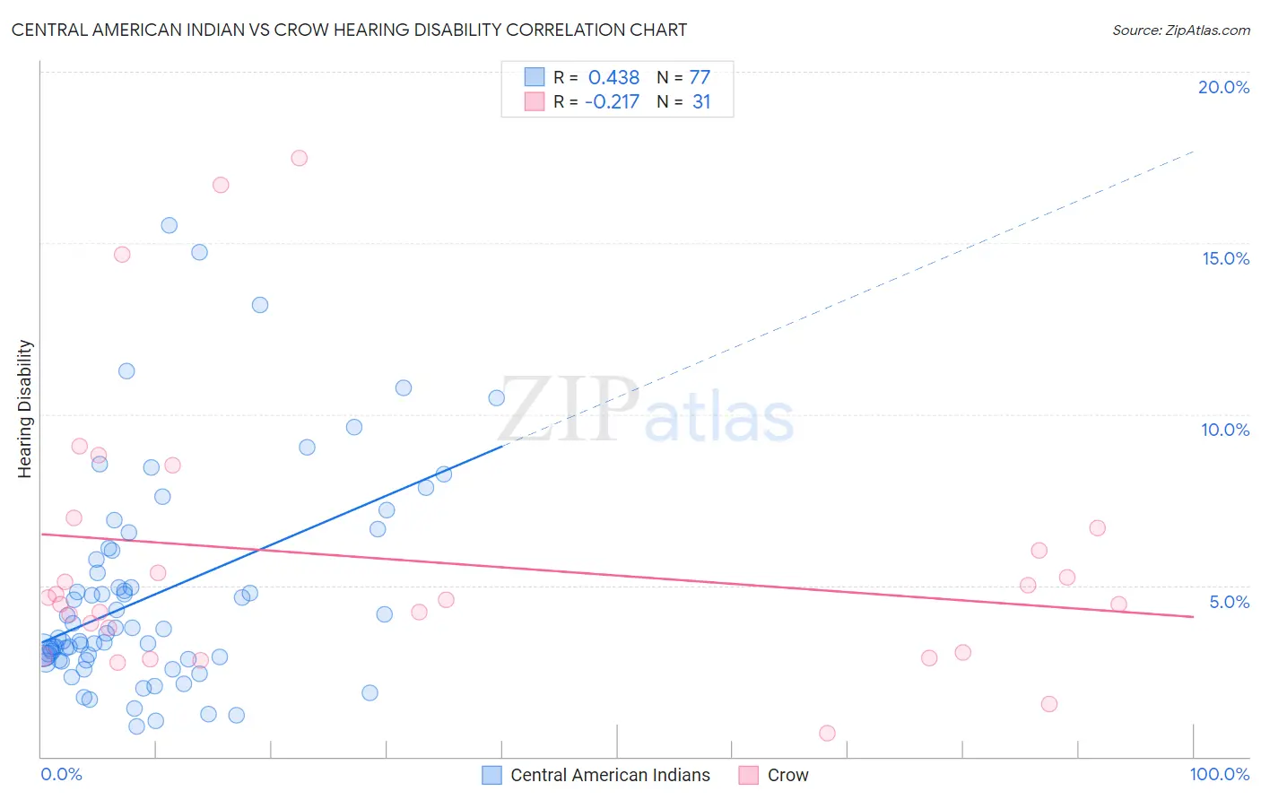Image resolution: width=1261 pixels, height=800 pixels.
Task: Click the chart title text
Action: [349, 30]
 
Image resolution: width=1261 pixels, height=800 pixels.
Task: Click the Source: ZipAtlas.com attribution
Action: [1180, 30]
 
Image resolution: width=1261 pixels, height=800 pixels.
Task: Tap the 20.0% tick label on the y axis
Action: [1223, 87]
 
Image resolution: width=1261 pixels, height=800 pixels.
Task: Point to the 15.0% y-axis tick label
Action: [1225, 258]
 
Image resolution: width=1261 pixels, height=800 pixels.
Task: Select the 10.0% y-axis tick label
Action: [1225, 430]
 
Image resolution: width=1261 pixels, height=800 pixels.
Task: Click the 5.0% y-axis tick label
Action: [1229, 602]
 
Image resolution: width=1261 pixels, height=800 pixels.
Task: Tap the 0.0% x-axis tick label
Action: [61, 774]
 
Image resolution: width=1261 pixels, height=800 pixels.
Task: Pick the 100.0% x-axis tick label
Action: [1219, 774]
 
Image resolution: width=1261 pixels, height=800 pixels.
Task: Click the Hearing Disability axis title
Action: [25, 409]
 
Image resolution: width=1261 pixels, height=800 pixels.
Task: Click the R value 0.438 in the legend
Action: [613, 78]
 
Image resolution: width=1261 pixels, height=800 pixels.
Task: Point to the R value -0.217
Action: [612, 102]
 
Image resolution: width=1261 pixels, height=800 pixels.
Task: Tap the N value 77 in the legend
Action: [700, 78]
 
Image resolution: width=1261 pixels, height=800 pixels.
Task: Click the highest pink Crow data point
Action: [300, 158]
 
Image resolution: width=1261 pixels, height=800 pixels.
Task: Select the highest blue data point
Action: [170, 225]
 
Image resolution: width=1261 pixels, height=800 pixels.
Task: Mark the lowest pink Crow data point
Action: [827, 733]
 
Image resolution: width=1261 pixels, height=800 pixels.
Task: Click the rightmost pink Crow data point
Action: [1118, 604]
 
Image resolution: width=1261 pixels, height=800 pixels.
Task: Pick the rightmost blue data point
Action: [497, 397]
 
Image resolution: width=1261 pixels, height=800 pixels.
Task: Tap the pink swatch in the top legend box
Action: [535, 101]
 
